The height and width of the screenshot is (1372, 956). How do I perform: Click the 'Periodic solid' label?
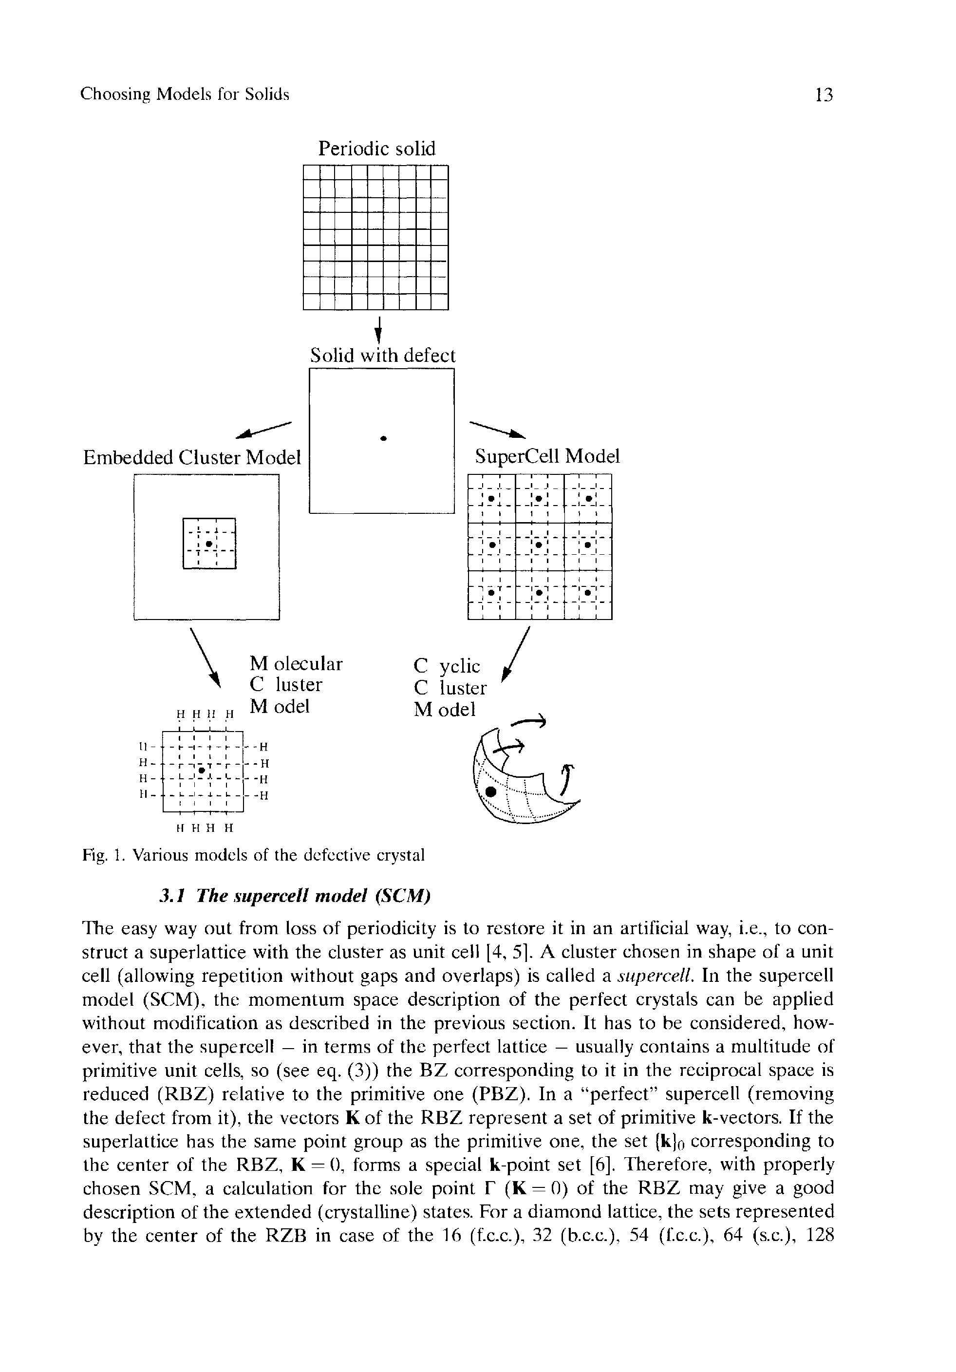376,148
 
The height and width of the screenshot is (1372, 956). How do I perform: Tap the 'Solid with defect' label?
382,356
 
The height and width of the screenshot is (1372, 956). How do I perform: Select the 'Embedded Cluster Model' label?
191,458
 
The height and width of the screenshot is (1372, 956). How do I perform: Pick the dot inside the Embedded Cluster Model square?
208,544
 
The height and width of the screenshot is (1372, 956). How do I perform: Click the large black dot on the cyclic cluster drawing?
491,792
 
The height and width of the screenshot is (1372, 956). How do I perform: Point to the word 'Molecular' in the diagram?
296,664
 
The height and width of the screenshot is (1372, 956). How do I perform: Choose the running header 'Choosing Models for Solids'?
185,95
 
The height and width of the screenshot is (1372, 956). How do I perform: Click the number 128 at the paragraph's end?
819,1235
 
